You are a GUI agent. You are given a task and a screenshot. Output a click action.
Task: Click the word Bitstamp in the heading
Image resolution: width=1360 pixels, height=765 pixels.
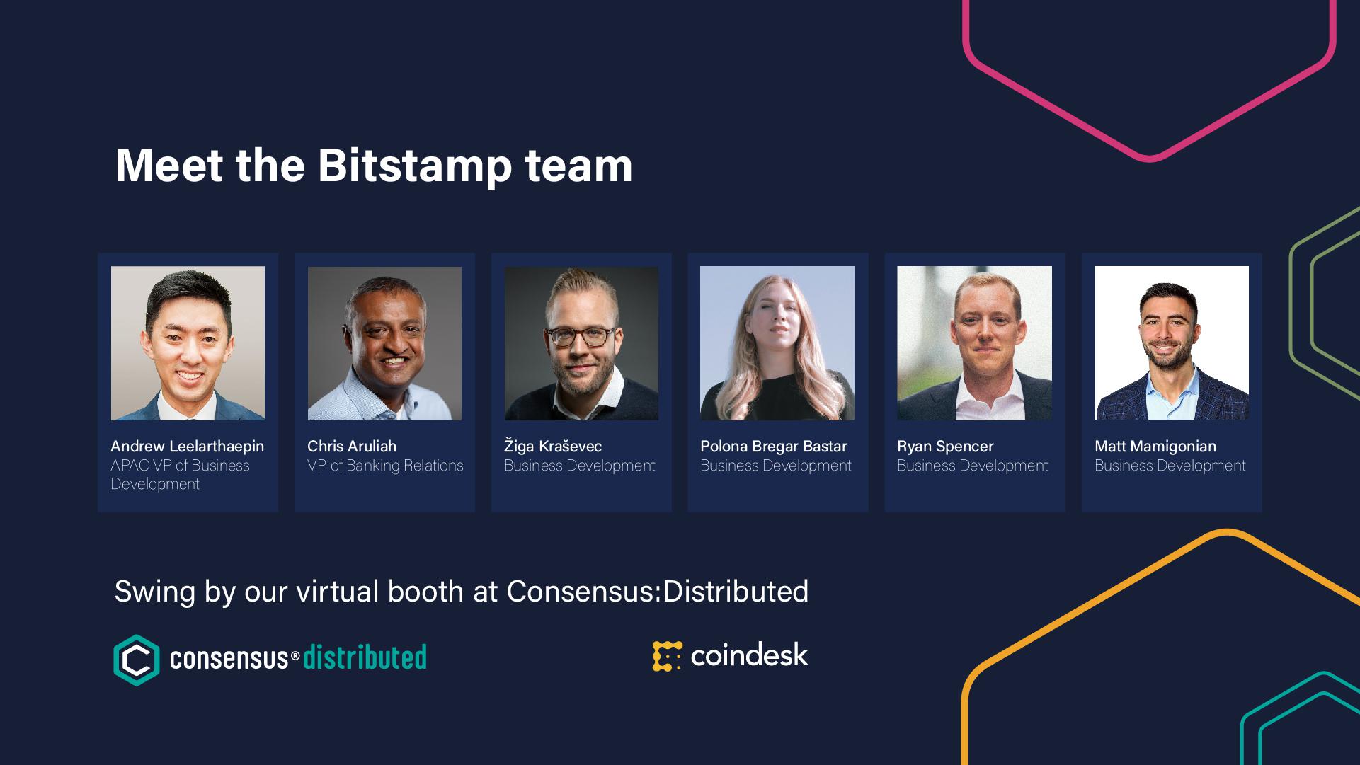pos(414,167)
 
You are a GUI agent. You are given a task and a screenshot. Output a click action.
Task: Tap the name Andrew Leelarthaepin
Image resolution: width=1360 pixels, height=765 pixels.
pos(187,447)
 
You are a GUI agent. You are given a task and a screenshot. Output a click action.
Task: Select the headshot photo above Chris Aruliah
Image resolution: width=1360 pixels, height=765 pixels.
pos(384,343)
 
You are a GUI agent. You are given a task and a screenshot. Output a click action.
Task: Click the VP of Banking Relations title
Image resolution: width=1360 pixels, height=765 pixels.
pos(385,466)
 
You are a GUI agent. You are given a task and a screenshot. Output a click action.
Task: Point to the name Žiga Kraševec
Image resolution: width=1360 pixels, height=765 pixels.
pos(553,446)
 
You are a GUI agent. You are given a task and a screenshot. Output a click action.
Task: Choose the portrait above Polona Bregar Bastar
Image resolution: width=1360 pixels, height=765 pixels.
pos(777,343)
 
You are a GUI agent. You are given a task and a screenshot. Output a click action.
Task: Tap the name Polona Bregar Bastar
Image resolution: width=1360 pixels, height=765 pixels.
pos(774,447)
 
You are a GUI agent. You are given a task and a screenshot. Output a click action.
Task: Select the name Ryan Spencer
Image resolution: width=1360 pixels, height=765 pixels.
pos(945,447)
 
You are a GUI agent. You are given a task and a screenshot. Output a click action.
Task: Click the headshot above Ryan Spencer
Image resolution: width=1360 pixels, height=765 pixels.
pos(974,343)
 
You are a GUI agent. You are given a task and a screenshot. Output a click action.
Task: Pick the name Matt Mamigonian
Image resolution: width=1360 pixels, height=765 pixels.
pos(1155,447)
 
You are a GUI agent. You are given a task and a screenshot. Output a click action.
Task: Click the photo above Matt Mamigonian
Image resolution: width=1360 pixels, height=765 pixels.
pos(1172,343)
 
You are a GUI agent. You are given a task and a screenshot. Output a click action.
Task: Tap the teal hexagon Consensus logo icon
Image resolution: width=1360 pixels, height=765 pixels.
pos(137,660)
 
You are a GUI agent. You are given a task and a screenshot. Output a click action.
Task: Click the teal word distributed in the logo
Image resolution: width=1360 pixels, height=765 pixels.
pos(365,657)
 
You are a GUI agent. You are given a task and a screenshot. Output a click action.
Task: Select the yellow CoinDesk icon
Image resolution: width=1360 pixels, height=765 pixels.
pos(667,656)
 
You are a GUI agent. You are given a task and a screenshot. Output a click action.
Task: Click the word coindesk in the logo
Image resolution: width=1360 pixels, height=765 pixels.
pos(749,655)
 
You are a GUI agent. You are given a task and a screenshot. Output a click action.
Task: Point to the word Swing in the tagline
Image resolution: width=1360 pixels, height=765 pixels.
pos(154,592)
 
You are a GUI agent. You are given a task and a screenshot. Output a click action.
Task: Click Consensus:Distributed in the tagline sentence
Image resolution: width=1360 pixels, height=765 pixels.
pos(658,592)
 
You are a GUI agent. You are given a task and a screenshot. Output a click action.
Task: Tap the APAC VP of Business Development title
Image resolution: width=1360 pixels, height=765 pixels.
pos(180,475)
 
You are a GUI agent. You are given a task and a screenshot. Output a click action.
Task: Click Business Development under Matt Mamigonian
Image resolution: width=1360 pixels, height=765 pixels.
pos(1170,466)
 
